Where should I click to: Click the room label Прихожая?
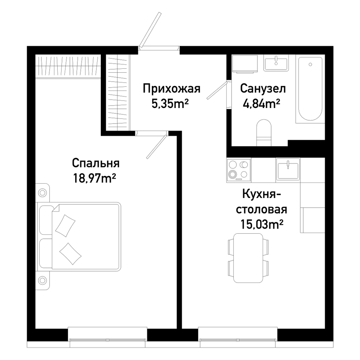[171, 89]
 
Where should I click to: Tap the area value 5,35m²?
[170, 104]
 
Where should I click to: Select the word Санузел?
[263, 89]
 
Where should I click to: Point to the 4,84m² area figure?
[261, 104]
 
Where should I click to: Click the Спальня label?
[96, 163]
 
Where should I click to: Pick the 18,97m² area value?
[94, 178]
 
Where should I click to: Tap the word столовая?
[262, 210]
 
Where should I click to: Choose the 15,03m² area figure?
[261, 224]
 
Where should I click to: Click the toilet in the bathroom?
[264, 133]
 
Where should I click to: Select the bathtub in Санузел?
[310, 89]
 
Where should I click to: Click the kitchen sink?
[288, 170]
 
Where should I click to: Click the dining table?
[248, 258]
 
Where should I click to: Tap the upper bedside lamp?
[42, 192]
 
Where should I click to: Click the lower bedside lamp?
[42, 280]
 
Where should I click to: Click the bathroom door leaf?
[217, 90]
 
